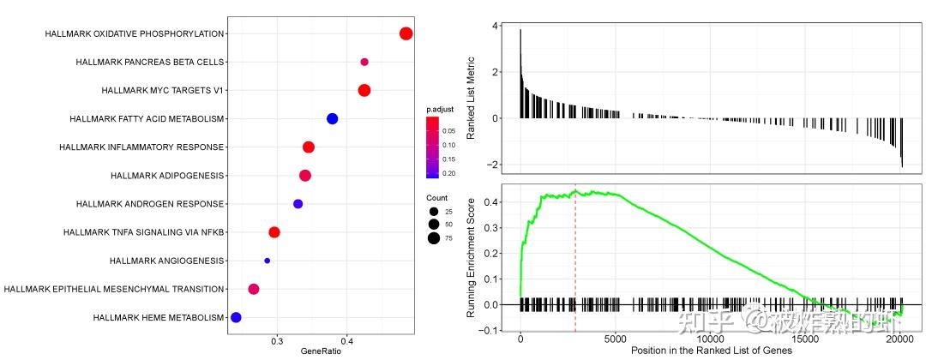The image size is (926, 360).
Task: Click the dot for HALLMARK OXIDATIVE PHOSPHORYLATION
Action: [406, 33]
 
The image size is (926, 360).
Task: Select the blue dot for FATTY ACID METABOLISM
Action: [333, 119]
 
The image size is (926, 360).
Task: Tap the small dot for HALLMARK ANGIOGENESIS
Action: [268, 261]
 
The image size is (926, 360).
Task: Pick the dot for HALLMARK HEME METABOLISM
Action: [236, 317]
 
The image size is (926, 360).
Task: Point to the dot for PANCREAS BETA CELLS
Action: [364, 62]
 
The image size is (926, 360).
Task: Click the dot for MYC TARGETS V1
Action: [364, 91]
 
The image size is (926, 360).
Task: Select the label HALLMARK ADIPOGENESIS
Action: [167, 176]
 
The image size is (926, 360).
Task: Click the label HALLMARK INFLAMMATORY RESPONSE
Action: [141, 147]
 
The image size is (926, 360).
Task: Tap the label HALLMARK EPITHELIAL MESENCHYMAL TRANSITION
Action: [114, 289]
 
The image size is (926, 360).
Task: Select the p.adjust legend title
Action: [440, 110]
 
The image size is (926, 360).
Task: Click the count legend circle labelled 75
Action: [435, 238]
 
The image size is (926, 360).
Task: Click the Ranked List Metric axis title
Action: [471, 95]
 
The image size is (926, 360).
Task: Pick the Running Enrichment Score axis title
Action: [471, 256]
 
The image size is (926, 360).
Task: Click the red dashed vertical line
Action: [575, 257]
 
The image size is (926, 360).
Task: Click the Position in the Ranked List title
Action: [711, 351]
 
